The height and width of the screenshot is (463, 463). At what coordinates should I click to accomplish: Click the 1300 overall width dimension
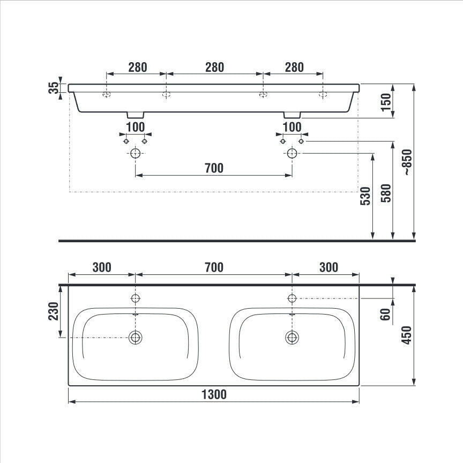[214, 394]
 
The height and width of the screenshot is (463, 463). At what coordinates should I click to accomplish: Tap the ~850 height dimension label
[407, 162]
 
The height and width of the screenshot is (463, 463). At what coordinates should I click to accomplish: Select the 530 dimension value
[365, 196]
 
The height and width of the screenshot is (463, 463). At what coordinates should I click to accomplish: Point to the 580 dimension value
[386, 193]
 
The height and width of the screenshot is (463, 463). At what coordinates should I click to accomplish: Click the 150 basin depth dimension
[386, 102]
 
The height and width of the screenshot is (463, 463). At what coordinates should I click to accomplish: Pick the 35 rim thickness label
[54, 88]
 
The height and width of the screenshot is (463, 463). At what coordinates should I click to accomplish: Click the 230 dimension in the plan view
[54, 311]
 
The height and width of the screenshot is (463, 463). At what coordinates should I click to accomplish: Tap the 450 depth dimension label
[407, 335]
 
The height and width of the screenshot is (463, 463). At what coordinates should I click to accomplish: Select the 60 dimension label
[385, 314]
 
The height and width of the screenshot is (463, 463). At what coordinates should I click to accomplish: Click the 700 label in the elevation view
[214, 168]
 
